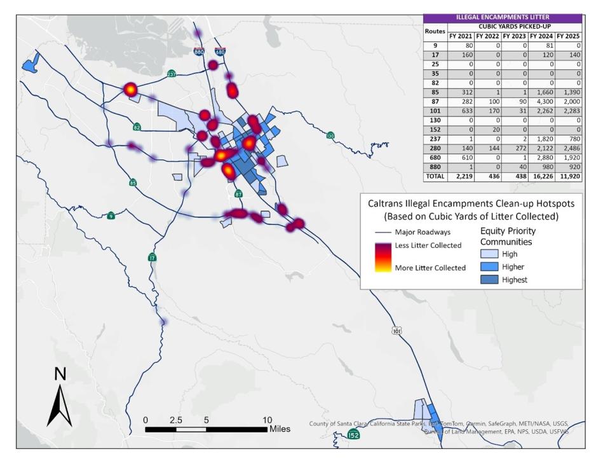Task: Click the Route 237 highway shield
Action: [172, 73]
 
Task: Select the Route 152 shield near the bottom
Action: [355, 434]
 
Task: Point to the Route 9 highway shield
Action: [111, 215]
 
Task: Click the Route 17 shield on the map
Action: [151, 258]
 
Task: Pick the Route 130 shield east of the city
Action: [330, 135]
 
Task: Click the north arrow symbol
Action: [60, 401]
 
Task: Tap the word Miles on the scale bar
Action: [284, 429]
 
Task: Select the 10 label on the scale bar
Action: [268, 420]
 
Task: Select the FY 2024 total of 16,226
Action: [541, 177]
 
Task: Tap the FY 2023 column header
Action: [515, 36]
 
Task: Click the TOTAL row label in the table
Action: [436, 177]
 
